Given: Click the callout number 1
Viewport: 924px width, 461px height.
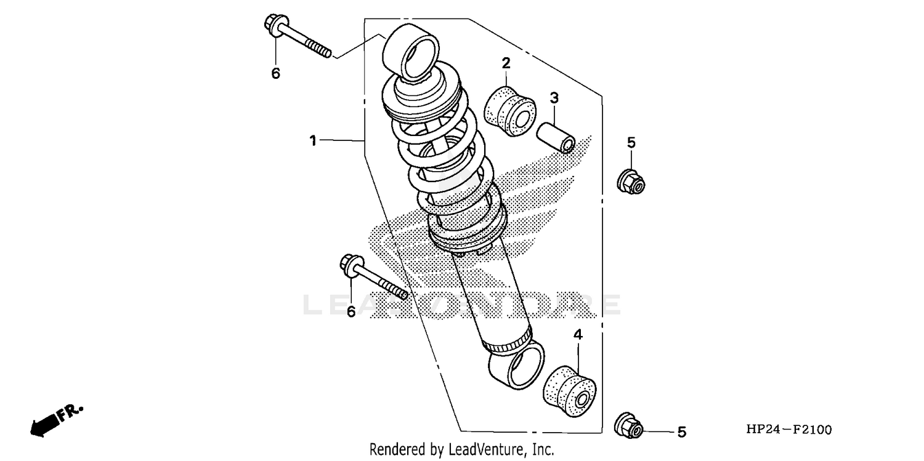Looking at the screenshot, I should coord(313,141).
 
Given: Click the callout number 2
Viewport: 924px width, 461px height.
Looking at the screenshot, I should coord(506,63).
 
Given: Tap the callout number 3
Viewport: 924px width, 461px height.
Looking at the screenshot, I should coord(554,97).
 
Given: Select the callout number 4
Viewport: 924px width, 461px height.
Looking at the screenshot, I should coord(578,335).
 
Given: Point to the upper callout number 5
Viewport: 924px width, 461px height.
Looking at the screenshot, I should coord(631,143).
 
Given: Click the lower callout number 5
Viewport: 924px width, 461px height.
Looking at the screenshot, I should coord(681,432).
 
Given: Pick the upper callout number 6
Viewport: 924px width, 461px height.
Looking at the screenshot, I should coord(275,73).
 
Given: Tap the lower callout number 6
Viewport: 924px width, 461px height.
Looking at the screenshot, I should coord(351,311).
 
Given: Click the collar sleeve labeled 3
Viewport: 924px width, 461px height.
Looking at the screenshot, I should coord(556,137).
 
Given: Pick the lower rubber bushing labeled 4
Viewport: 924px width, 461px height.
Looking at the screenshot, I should coord(569,386).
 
